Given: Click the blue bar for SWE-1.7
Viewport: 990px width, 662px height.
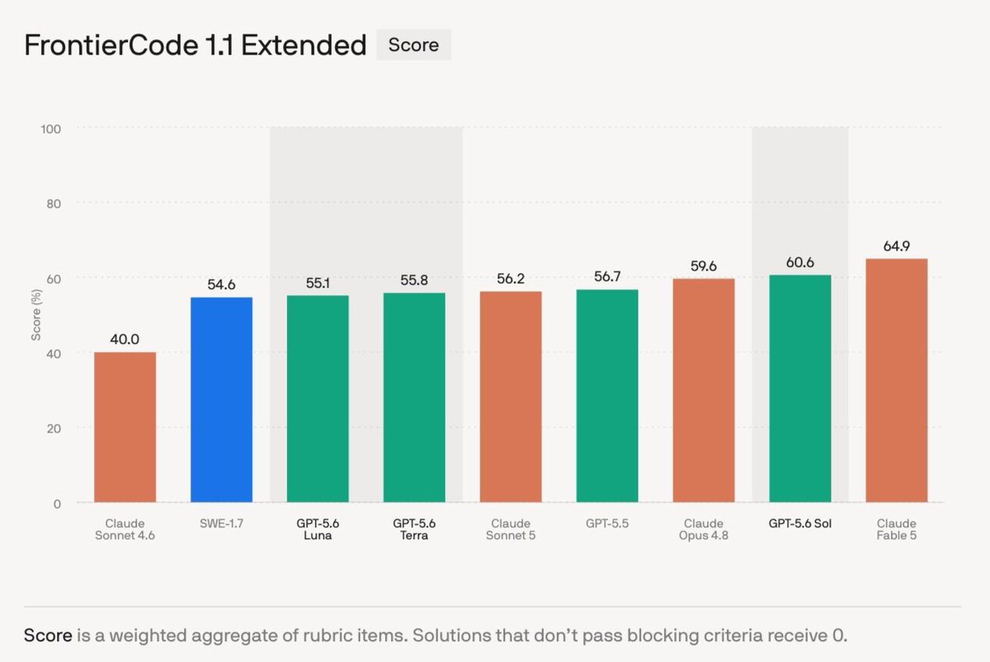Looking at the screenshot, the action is pos(221,400).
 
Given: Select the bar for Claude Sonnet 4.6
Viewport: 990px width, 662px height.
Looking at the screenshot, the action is pos(125,428).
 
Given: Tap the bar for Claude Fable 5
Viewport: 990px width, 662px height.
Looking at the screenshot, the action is pos(896,381).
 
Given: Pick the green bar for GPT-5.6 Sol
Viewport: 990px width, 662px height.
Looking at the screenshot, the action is pos(800,389).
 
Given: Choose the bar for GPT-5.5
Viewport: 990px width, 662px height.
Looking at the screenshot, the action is pos(607,395).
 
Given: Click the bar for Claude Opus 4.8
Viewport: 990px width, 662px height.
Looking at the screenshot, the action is pos(704,390).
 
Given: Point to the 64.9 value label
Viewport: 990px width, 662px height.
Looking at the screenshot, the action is pos(896,246).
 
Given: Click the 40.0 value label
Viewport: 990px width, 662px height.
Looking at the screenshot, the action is pos(125,339).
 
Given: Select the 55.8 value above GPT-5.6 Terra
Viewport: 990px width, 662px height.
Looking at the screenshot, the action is pos(414,280).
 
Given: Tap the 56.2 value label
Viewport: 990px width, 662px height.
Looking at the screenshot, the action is pos(511,279).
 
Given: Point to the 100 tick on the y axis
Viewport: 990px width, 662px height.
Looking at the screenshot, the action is pos(51,129).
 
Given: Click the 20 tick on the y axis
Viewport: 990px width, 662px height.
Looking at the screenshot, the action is pos(54,428).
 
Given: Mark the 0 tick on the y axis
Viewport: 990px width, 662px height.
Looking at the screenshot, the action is pos(57,504).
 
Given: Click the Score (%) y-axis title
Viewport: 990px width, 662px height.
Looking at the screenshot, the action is pos(35,314).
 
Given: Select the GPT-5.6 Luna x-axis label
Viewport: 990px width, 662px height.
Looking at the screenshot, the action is pos(318,529).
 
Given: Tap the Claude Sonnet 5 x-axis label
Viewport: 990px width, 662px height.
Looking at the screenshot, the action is pos(511,529).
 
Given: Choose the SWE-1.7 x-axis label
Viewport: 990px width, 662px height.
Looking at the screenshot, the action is pos(221,523).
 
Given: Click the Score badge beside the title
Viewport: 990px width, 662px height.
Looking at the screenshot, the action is pos(413,45).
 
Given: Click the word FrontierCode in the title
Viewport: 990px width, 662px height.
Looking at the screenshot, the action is pos(111,45).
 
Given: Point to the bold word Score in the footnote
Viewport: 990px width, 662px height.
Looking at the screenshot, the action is pos(48,636).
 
